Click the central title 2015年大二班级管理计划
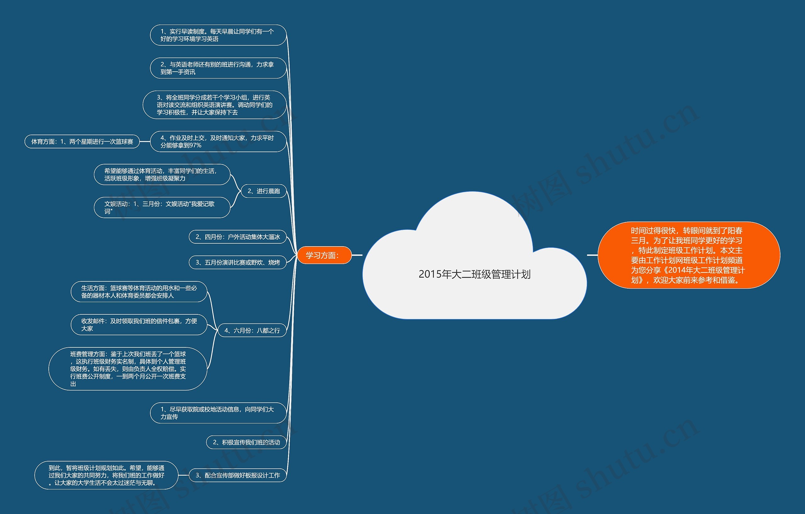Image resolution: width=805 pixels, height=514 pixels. click(x=475, y=274)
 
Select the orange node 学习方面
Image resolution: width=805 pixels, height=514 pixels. click(x=324, y=255)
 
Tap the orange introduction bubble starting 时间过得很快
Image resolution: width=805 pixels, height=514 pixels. click(x=688, y=255)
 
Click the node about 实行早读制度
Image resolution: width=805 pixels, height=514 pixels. click(x=218, y=35)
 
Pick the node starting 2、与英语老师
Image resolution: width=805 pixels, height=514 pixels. click(x=218, y=68)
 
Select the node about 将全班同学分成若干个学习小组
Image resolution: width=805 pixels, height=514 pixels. click(x=215, y=105)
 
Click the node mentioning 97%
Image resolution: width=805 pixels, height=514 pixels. click(x=218, y=141)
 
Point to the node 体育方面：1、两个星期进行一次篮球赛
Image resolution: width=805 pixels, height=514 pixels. click(x=82, y=142)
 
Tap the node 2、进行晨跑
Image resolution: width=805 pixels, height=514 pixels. click(x=264, y=191)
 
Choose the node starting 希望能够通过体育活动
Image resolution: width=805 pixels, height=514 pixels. click(x=162, y=174)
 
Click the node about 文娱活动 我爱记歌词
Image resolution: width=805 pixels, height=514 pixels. click(x=162, y=207)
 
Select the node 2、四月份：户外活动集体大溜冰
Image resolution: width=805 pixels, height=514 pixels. click(x=238, y=237)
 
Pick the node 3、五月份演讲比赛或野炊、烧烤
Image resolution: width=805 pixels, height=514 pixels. click(x=238, y=263)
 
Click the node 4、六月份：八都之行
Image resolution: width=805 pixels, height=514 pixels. click(x=252, y=330)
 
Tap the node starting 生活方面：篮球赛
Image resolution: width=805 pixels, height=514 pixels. click(x=139, y=291)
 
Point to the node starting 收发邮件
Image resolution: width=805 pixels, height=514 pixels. click(x=139, y=324)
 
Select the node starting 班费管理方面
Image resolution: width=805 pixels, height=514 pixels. click(x=128, y=369)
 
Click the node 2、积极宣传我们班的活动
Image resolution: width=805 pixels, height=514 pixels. click(x=247, y=442)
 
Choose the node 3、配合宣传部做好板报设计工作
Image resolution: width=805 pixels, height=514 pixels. click(x=238, y=475)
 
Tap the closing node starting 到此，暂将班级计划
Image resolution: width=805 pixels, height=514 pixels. click(x=106, y=475)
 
